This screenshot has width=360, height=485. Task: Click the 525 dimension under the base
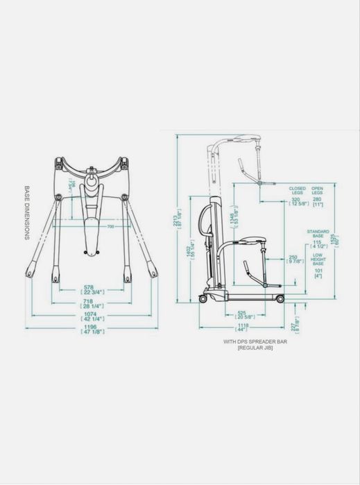click(244, 314)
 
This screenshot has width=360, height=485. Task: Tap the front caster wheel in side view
click(280, 298)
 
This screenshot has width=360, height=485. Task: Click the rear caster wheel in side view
click(203, 299)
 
